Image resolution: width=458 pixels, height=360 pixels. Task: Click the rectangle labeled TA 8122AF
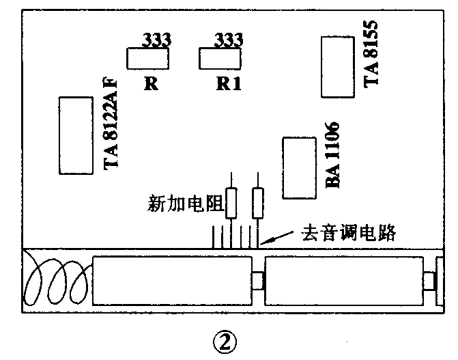pyautogui.click(x=75, y=135)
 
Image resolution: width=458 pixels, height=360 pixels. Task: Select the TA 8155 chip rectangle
pyautogui.click(x=337, y=68)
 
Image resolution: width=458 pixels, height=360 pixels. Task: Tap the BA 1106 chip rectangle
pyautogui.click(x=300, y=168)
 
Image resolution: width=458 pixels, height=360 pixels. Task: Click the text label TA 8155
pyautogui.click(x=371, y=53)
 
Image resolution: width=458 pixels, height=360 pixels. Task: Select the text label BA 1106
pyautogui.click(x=334, y=156)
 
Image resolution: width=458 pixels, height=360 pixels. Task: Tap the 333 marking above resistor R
pyautogui.click(x=156, y=40)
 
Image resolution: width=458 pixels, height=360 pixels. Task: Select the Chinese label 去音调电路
pyautogui.click(x=349, y=233)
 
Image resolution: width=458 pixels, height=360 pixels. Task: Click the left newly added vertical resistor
pyautogui.click(x=231, y=202)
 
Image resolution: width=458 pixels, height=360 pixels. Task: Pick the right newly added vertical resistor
pyautogui.click(x=257, y=202)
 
